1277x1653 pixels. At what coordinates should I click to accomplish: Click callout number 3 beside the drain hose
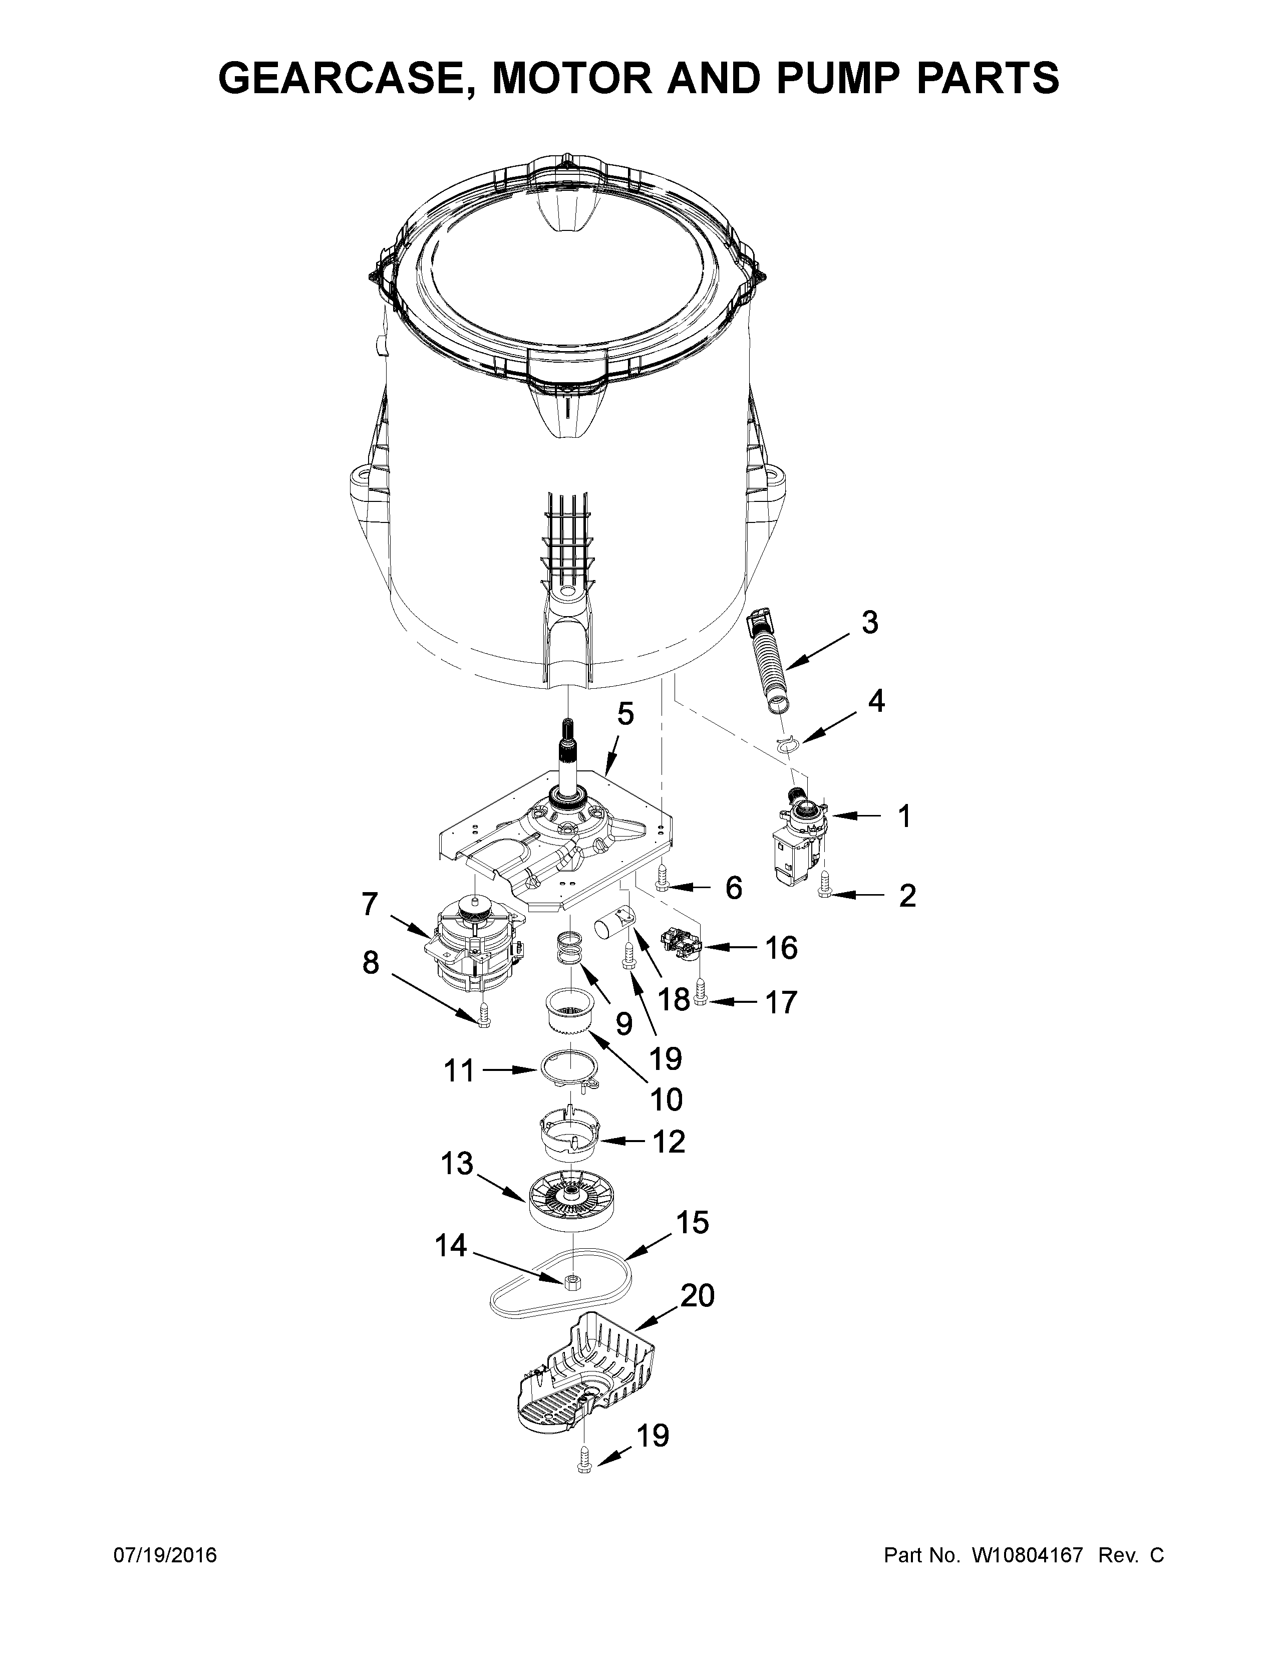pyautogui.click(x=870, y=623)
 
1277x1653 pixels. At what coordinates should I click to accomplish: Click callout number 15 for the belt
pyautogui.click(x=694, y=1222)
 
